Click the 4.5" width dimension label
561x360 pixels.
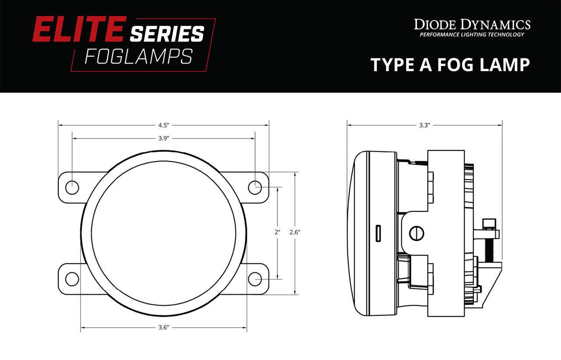pyautogui.click(x=163, y=125)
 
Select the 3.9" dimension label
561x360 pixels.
pyautogui.click(x=163, y=138)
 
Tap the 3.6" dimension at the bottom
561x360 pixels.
pyautogui.click(x=163, y=327)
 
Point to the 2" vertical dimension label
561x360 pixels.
pyautogui.click(x=277, y=232)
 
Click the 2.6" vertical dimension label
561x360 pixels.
pyautogui.click(x=295, y=232)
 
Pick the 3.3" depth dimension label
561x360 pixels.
pyautogui.click(x=424, y=125)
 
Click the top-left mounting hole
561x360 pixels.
pyautogui.click(x=72, y=187)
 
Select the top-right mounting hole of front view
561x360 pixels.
pyautogui.click(x=255, y=187)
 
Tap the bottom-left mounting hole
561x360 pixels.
pyautogui.click(x=72, y=278)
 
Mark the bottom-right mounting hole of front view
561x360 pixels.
pyautogui.click(x=255, y=278)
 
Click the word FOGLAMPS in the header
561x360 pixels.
pyautogui.click(x=138, y=56)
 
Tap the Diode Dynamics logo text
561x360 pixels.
pyautogui.click(x=472, y=24)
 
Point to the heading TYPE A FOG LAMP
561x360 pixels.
pyautogui.click(x=451, y=64)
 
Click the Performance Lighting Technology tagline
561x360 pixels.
pyautogui.click(x=472, y=35)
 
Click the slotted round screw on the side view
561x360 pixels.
pyautogui.click(x=416, y=233)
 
